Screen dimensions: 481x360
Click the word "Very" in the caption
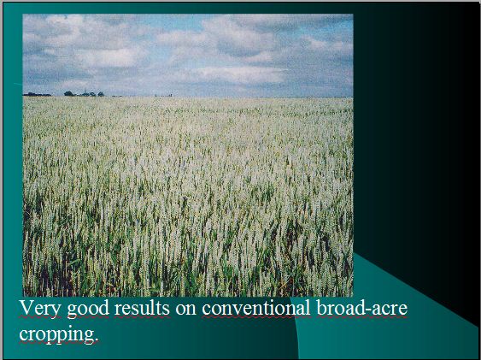(40, 308)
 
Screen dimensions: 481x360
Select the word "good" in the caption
(88, 310)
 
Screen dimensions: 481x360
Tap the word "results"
(142, 308)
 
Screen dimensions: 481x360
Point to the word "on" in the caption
(186, 310)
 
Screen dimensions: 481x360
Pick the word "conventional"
(256, 308)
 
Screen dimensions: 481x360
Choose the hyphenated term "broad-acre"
(362, 308)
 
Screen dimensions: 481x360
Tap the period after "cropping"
(97, 340)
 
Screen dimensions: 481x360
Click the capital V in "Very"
(26, 308)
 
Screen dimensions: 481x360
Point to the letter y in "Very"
(56, 311)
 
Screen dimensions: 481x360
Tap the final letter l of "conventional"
(308, 308)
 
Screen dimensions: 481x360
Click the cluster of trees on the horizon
(84, 93)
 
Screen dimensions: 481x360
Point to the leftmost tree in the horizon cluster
(68, 93)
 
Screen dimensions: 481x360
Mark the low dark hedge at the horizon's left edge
(37, 94)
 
